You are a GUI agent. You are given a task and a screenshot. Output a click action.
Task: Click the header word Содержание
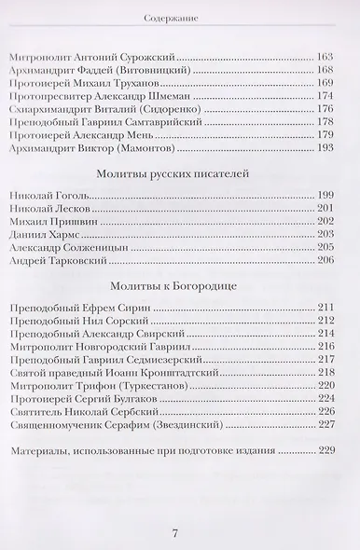pyautogui.click(x=180, y=17)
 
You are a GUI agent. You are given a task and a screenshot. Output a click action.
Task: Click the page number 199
pyautogui.click(x=325, y=195)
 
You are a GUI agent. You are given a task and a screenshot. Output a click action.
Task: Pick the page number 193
pyautogui.click(x=325, y=147)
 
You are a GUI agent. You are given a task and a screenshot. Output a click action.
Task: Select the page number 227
pyautogui.click(x=325, y=425)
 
